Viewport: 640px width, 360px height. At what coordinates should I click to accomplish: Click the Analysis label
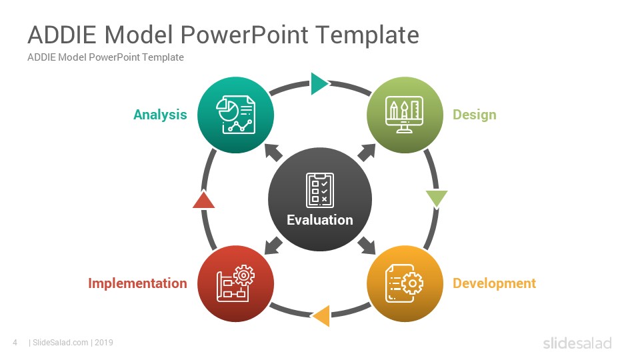160,115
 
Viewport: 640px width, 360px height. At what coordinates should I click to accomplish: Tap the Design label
474,115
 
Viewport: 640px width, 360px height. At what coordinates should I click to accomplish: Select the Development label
494,283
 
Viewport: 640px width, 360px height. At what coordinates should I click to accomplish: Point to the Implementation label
137,283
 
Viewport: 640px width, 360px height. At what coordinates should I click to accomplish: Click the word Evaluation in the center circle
319,220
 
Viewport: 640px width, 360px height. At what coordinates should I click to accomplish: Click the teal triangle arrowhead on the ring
319,84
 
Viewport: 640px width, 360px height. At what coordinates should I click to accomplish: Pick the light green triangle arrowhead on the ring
436,199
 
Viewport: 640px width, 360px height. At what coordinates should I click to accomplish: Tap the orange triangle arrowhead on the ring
321,315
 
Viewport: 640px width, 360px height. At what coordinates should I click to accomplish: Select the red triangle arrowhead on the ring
204,199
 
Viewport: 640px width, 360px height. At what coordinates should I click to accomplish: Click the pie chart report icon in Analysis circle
235,115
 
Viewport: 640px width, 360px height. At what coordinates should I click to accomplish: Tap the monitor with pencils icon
404,115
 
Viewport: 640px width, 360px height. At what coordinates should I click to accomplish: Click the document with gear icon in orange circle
404,283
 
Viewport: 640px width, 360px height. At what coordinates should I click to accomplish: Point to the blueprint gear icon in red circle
235,283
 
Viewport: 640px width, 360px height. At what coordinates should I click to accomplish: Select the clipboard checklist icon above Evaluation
320,190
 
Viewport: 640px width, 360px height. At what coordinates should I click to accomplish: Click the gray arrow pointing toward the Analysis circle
273,153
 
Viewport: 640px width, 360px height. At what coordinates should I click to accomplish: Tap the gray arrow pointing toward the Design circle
367,153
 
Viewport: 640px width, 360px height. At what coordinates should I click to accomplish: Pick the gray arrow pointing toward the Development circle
367,245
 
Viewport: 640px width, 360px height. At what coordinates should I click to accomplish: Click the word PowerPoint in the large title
244,35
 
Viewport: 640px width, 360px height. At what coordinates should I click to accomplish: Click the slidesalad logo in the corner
577,343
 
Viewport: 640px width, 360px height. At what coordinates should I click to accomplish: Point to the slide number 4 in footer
15,343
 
